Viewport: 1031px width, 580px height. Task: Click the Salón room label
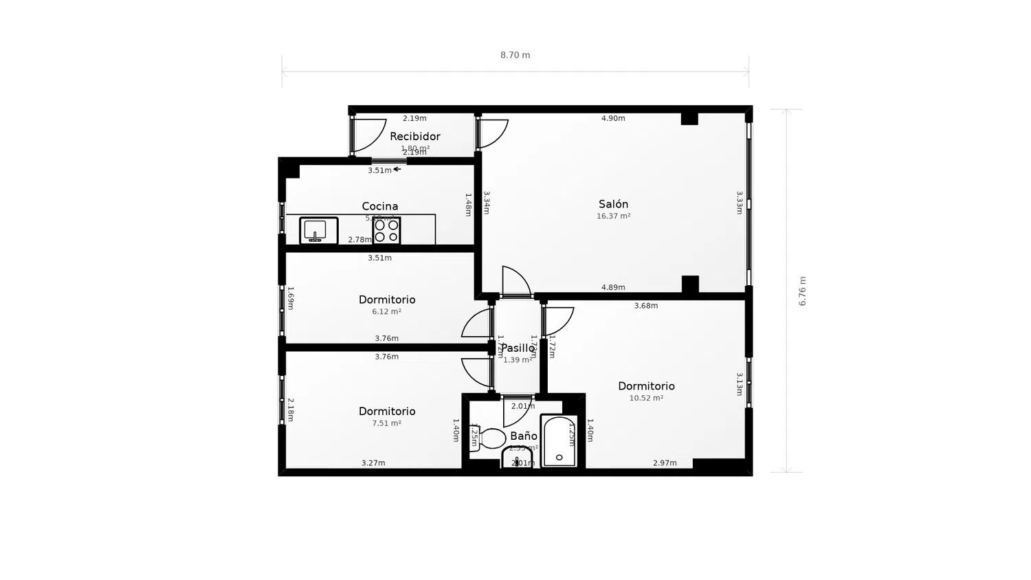coord(613,204)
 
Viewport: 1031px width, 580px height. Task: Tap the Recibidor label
coord(414,136)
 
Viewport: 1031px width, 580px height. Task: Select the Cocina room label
coord(379,206)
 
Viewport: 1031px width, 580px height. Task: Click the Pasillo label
coord(517,348)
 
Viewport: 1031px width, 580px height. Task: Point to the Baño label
coord(523,436)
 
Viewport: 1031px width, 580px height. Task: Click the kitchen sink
coord(318,230)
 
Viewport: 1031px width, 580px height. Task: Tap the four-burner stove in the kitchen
coord(386,230)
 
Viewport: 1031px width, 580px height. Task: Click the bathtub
coord(559,441)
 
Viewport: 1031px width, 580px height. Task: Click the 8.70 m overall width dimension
coord(515,55)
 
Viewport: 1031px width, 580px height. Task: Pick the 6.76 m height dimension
coord(802,291)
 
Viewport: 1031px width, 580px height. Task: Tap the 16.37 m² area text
coord(613,216)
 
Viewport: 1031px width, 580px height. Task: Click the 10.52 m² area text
coord(646,398)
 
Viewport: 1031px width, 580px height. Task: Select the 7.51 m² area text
coord(386,423)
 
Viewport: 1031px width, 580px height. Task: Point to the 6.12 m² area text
coord(386,311)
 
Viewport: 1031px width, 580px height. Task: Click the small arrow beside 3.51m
coord(397,169)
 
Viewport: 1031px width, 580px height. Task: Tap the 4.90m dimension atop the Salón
coord(613,118)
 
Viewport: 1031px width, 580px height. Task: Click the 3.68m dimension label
coord(645,306)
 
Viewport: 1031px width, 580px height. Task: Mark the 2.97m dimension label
coord(665,463)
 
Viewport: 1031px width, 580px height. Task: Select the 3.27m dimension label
coord(373,463)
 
